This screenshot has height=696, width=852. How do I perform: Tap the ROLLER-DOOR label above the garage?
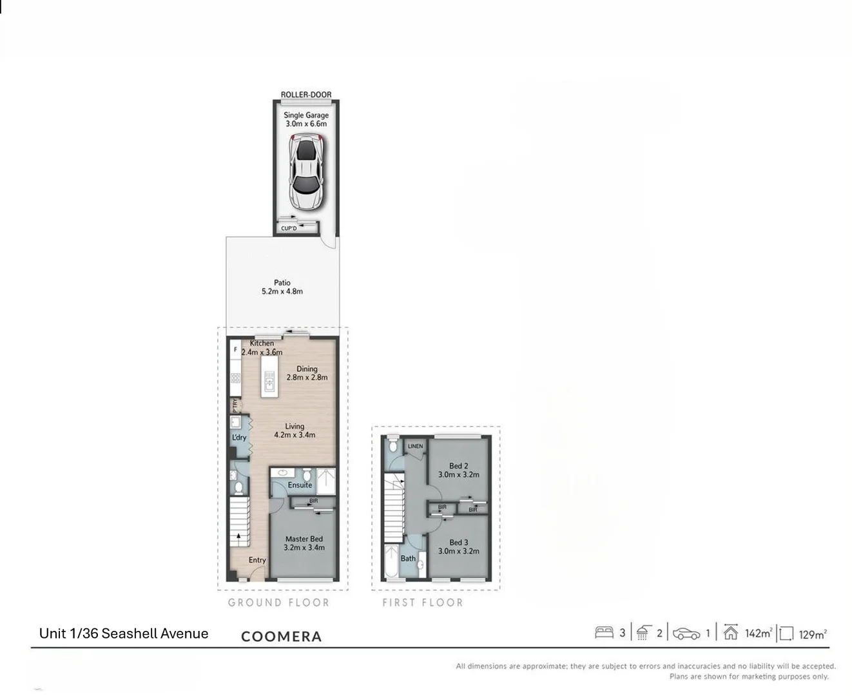(x=306, y=95)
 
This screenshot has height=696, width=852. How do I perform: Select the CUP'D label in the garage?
(x=289, y=228)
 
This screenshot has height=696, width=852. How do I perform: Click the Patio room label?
(x=282, y=287)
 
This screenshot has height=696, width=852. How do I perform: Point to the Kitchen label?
(x=262, y=343)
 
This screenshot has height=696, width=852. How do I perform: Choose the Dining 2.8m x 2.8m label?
(x=307, y=373)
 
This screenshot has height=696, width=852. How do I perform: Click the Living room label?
(x=295, y=430)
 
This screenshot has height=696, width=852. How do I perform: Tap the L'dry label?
(x=239, y=438)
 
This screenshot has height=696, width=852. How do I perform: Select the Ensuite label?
(x=300, y=485)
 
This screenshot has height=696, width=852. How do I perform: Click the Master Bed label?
(x=304, y=543)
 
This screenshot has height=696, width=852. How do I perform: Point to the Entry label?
(x=257, y=560)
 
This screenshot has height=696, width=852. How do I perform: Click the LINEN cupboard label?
(x=415, y=446)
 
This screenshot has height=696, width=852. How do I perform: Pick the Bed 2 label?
(x=459, y=470)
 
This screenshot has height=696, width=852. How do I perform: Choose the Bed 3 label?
(x=459, y=546)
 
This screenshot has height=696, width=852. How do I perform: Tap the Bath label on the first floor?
(x=408, y=558)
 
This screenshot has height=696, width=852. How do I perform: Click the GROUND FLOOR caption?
(x=278, y=603)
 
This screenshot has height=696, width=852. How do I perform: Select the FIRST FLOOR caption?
(x=423, y=603)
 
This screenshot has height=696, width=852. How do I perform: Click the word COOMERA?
(x=281, y=637)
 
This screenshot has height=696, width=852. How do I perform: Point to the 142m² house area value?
(x=758, y=633)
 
